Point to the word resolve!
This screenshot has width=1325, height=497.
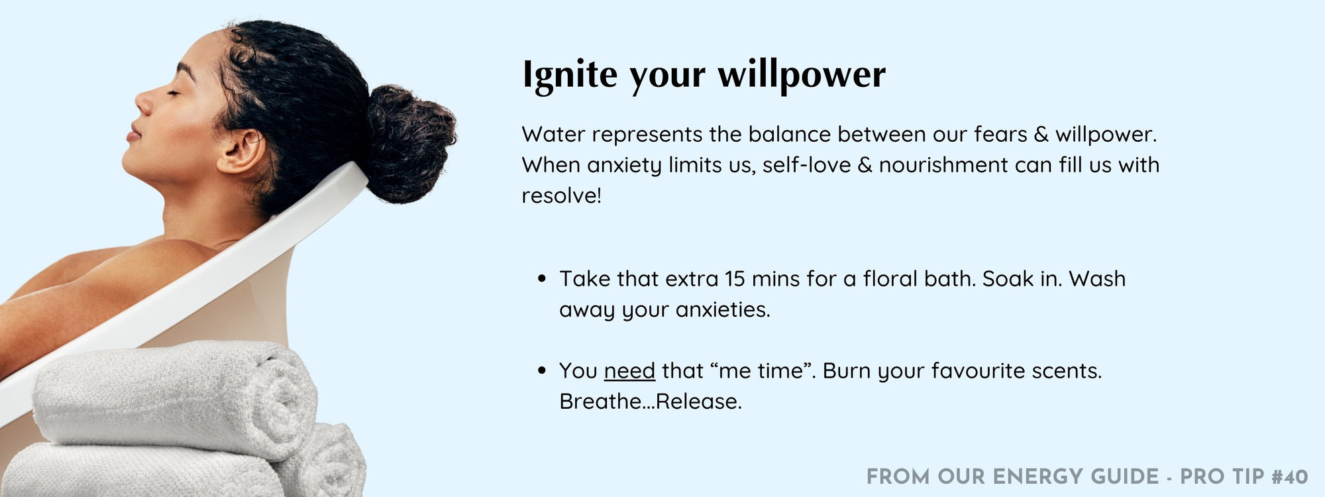click(x=561, y=195)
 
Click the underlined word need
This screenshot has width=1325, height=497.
click(x=629, y=371)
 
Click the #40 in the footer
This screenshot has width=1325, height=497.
click(x=1290, y=477)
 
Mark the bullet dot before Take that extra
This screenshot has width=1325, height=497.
click(x=543, y=280)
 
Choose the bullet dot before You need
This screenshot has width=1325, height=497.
click(x=543, y=371)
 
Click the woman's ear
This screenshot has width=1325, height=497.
click(x=240, y=149)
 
